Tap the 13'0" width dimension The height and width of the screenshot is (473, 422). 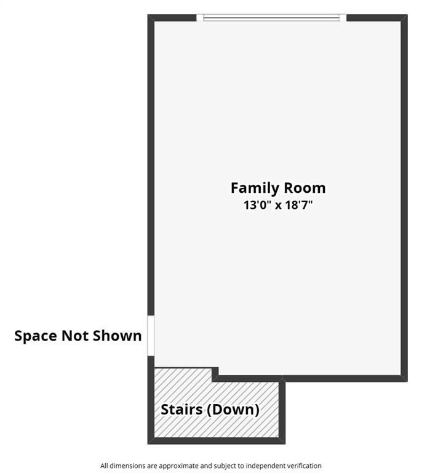tap(257, 205)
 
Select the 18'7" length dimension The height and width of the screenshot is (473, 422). tap(298, 205)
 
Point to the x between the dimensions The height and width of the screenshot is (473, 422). tap(277, 206)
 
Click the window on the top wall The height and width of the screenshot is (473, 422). tap(271, 18)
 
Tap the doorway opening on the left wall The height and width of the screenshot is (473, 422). tap(151, 336)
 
